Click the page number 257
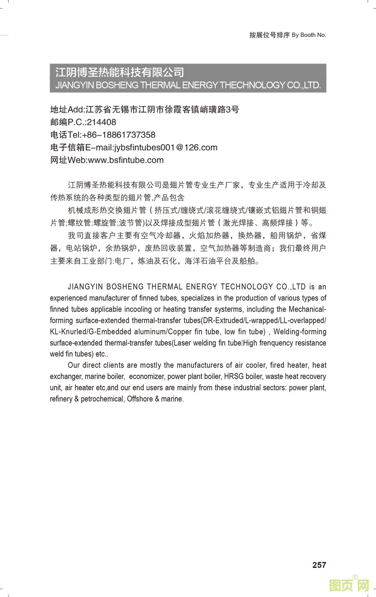319,565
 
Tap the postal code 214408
101,122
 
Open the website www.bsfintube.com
126,160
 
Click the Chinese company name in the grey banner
120,72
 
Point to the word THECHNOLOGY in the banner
252,85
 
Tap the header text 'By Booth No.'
309,35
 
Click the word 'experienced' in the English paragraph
68,298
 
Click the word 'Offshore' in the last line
140,399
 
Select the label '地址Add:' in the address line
68,110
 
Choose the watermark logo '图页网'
349,585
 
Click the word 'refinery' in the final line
60,399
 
